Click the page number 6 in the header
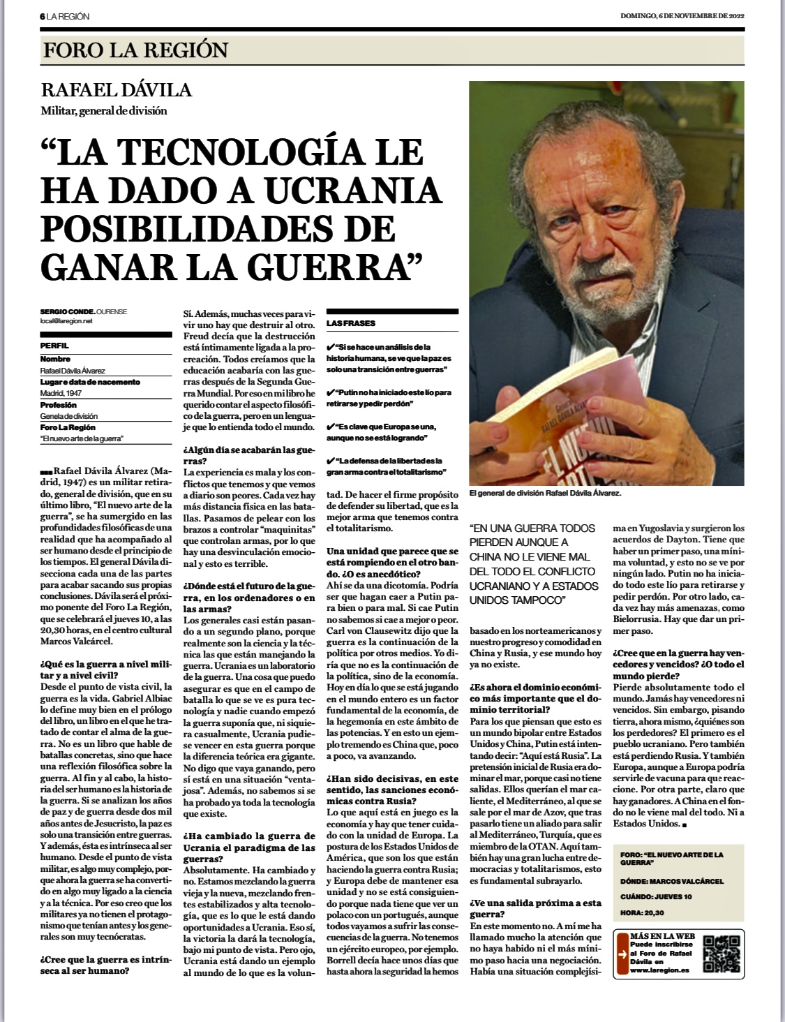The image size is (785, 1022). click(42, 16)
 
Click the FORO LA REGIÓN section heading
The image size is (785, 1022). click(135, 50)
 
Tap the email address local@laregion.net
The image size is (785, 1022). click(67, 321)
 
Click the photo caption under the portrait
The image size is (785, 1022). click(545, 492)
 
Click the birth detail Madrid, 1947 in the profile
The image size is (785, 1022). click(61, 393)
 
